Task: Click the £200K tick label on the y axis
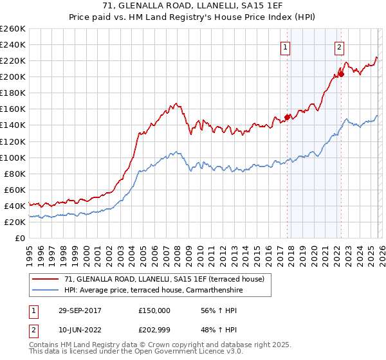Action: click(x=12, y=76)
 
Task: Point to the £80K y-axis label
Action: click(x=14, y=174)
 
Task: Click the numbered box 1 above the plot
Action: click(x=284, y=46)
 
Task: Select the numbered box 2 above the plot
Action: click(x=339, y=46)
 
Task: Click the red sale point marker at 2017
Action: click(x=287, y=117)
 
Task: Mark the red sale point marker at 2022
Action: click(x=341, y=74)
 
